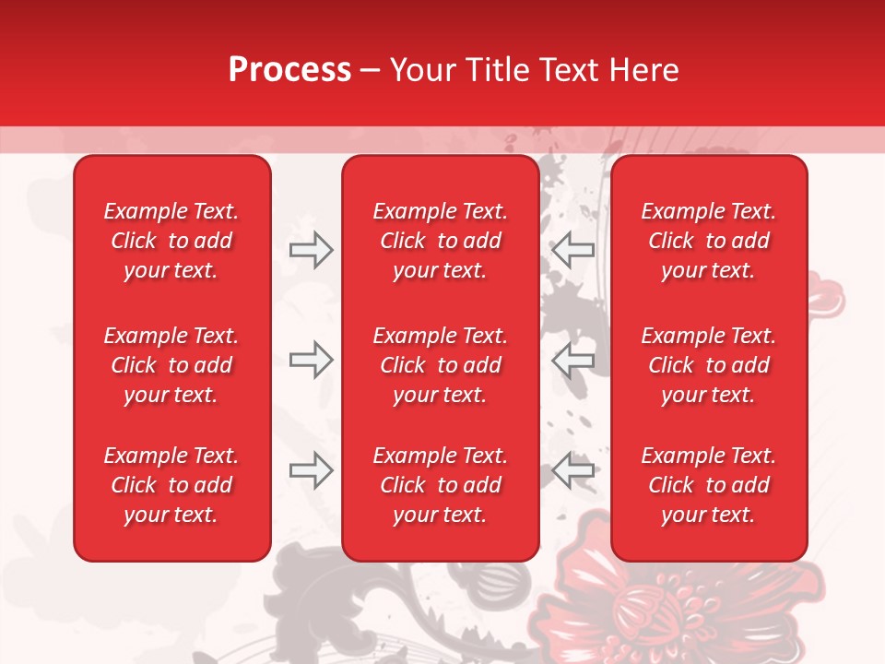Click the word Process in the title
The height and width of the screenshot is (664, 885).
[x=289, y=70]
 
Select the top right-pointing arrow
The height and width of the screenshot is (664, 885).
[x=311, y=250]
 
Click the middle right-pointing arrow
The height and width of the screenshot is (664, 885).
[x=311, y=360]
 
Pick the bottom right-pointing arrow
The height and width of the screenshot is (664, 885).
[x=311, y=470]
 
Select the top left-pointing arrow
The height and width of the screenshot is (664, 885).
[x=573, y=250]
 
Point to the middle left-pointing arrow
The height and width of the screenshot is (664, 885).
[x=573, y=360]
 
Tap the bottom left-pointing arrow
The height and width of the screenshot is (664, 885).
[x=573, y=470]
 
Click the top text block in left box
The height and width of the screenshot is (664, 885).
[x=171, y=241]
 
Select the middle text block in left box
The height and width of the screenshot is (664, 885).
[x=171, y=365]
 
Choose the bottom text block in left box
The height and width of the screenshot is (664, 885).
[x=171, y=485]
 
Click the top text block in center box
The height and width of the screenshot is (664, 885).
[x=440, y=241]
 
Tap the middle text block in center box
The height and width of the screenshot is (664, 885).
[x=440, y=365]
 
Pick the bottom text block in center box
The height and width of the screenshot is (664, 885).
[x=440, y=485]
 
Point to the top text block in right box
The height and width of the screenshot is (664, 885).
[x=708, y=241]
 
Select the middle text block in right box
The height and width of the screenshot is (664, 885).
[x=708, y=365]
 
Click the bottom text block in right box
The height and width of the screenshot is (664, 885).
[x=708, y=485]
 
